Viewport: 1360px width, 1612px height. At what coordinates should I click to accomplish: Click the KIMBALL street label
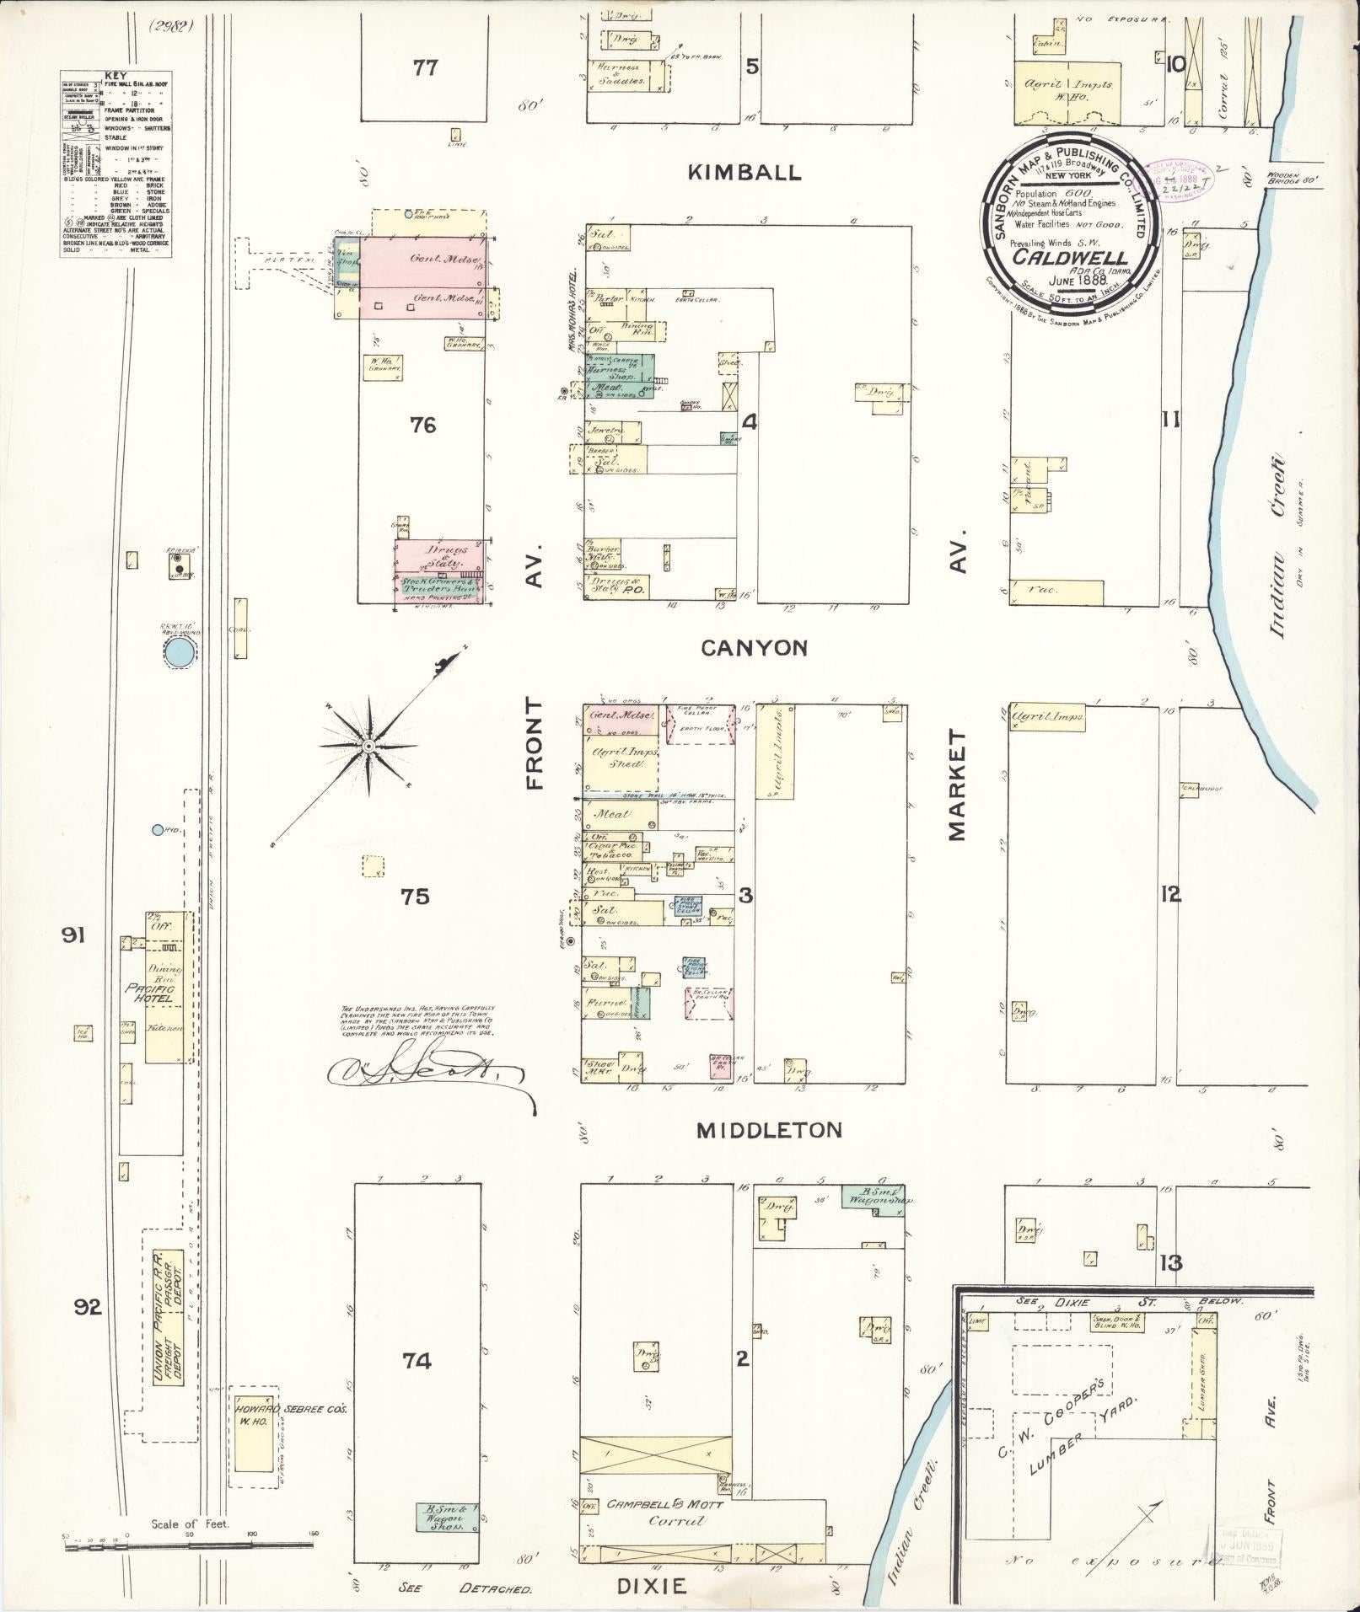tap(744, 173)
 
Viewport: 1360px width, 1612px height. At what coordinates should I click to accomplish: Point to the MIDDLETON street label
tap(769, 1130)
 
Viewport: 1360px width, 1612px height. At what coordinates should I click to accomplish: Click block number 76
tap(422, 426)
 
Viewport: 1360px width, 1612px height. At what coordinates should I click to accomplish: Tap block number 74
tap(417, 1360)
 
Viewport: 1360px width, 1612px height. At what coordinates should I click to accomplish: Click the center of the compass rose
tap(368, 747)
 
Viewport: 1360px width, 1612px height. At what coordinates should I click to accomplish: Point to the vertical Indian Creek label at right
tap(1277, 544)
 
